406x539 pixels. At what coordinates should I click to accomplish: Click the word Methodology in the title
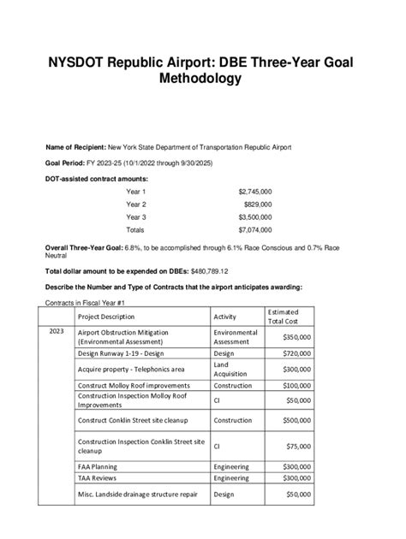(x=203, y=79)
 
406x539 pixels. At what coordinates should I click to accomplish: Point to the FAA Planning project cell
(x=98, y=466)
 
